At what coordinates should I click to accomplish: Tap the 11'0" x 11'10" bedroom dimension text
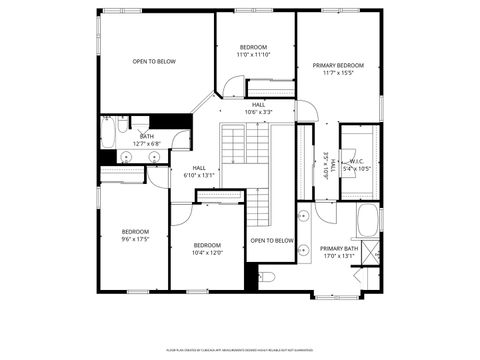tap(253, 55)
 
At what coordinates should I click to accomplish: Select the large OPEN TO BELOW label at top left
tap(154, 62)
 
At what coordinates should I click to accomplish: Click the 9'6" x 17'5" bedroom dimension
tap(135, 239)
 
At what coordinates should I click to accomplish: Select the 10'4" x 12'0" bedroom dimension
tap(207, 252)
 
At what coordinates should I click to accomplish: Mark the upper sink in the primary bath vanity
tap(303, 215)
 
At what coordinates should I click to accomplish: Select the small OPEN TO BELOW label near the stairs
tap(271, 241)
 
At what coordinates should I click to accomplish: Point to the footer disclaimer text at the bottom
tap(240, 351)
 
